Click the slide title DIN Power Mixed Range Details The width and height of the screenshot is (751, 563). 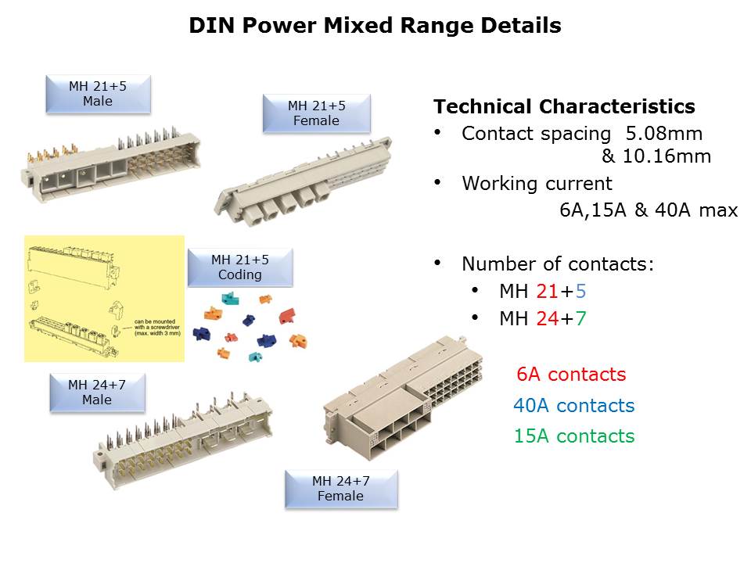tap(375, 26)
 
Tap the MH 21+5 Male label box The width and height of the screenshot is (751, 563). tap(98, 94)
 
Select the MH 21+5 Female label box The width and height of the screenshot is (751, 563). tap(316, 113)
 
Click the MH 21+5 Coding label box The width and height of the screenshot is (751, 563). tap(239, 267)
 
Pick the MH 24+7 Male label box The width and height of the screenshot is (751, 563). tap(97, 393)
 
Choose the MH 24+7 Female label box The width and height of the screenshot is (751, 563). tap(340, 489)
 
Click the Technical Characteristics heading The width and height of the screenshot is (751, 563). tap(564, 107)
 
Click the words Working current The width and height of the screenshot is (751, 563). tap(537, 184)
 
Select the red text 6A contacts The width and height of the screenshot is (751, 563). tap(571, 375)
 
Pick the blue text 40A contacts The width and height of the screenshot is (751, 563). tap(573, 406)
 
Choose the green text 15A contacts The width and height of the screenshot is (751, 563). tap(574, 436)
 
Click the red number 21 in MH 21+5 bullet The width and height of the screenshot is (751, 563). tap(547, 292)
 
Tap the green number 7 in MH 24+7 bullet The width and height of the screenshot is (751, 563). tap(580, 319)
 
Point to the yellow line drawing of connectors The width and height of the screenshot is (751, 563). tap(104, 299)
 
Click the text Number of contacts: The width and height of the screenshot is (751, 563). tap(558, 264)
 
